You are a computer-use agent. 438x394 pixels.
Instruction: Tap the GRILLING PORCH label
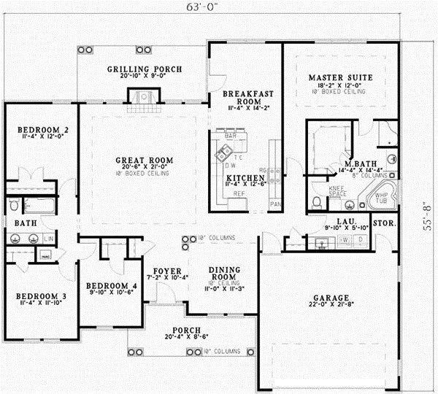[145, 70]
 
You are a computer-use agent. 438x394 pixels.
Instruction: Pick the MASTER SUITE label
[340, 77]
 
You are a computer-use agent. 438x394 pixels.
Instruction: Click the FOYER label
[167, 271]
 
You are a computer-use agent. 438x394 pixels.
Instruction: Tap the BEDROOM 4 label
[107, 285]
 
